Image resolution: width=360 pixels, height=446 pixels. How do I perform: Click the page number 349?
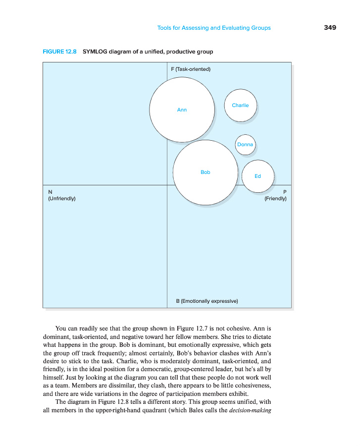pos(330,28)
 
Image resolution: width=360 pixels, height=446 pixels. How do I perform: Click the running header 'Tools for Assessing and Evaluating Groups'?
pos(214,28)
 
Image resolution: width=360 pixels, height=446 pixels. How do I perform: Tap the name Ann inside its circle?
pos(182,110)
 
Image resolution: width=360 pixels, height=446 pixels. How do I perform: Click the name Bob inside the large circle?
pos(206,172)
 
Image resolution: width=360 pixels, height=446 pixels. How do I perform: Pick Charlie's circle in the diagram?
pos(240,105)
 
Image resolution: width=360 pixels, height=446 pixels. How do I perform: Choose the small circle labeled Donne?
pos(245,145)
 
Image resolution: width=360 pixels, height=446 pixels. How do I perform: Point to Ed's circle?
pos(257,176)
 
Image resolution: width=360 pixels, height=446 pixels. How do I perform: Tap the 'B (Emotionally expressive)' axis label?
pos(207,301)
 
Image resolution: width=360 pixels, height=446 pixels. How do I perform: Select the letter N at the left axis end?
pos(50,192)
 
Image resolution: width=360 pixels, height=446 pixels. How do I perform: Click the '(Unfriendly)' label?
pos(61,199)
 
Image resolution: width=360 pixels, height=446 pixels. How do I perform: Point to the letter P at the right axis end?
pos(285,192)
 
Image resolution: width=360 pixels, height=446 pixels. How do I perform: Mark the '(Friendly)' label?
pos(276,199)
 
